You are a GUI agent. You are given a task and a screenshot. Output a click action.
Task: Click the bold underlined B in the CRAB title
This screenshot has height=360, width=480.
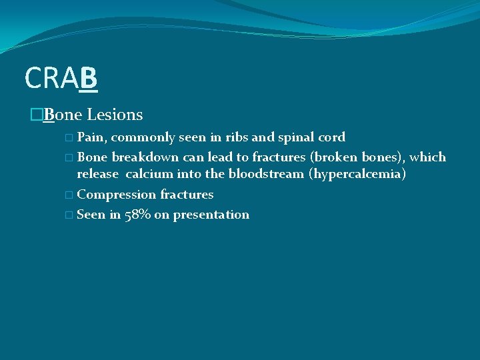88,78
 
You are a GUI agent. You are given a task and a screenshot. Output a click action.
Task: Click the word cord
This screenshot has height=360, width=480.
332,137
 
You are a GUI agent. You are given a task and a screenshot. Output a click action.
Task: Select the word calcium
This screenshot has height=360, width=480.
149,175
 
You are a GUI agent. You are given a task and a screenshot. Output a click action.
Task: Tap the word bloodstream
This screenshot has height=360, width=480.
265,175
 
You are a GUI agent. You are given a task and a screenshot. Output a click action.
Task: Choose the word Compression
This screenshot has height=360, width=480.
117,195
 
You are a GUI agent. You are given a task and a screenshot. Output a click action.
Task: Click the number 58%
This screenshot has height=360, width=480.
136,215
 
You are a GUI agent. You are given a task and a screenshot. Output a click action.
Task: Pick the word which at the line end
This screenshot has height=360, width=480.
427,157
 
